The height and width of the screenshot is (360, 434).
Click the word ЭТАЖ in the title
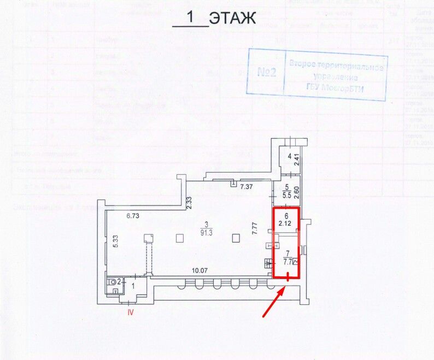(233, 19)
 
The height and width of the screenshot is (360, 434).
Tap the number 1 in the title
(191, 17)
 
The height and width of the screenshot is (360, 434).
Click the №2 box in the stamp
(268, 72)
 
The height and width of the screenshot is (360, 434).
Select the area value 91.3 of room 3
(206, 232)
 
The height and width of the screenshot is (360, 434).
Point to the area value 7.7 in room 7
(288, 261)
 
